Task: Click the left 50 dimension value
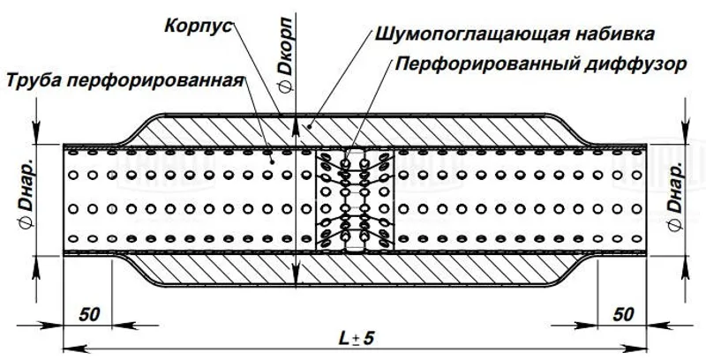[88, 314]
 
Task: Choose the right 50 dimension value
[623, 314]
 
